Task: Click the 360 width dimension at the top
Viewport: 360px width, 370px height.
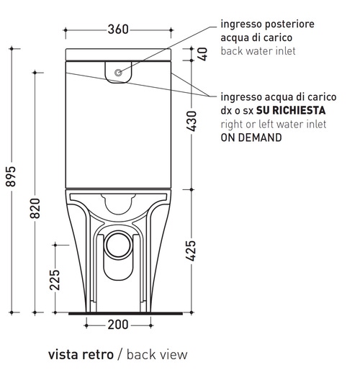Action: click(117, 30)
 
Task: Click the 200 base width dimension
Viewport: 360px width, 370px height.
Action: click(118, 325)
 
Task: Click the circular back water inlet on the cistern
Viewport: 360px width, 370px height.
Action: click(119, 72)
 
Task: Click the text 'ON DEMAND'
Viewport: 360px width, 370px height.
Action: click(251, 137)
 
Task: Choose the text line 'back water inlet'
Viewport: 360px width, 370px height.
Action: click(257, 51)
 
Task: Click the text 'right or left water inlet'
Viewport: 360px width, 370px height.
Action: click(274, 124)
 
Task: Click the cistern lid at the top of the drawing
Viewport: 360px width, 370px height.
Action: click(118, 55)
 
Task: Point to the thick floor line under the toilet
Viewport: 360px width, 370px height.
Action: click(118, 313)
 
